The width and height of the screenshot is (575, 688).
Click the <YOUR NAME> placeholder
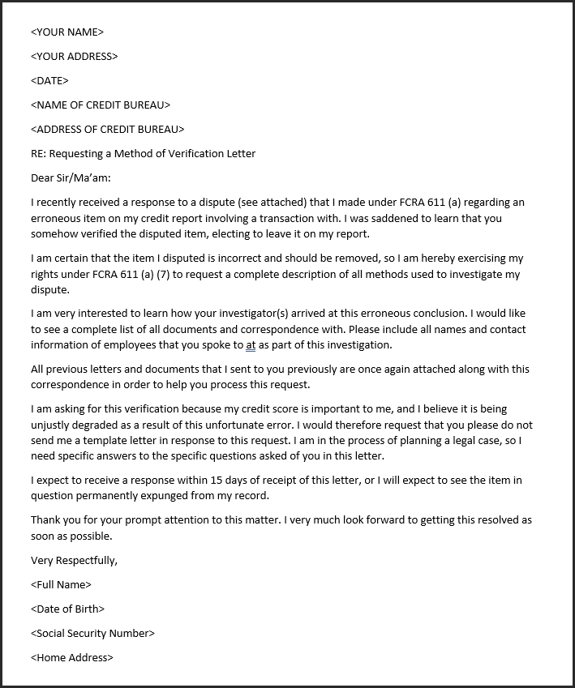67,32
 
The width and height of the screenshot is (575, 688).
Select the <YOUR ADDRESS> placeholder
75,57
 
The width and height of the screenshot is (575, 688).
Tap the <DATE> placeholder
49,81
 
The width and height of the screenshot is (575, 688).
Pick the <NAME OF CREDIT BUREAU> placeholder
101,105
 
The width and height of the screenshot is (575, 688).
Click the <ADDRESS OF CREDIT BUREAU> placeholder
108,130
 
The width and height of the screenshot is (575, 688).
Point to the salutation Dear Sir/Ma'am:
71,177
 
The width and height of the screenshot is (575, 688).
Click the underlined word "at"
251,345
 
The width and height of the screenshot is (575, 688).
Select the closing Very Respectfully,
74,560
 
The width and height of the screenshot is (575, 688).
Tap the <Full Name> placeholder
61,584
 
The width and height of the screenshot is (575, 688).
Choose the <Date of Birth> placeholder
68,609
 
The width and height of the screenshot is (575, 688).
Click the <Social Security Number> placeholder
92,633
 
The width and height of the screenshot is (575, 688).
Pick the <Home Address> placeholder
72,657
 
